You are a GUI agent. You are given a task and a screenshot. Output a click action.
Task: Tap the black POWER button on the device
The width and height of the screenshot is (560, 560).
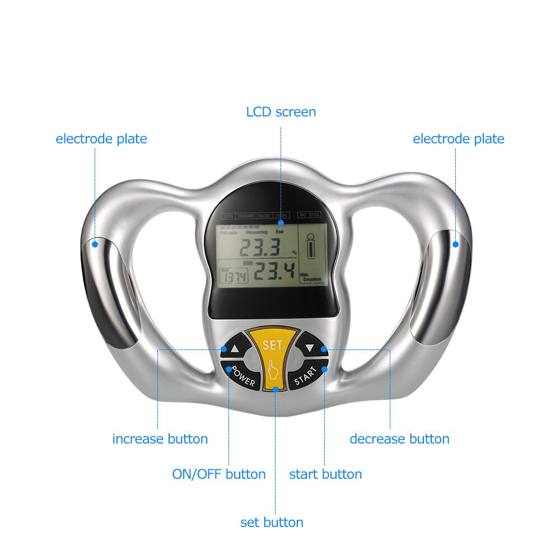pyautogui.click(x=242, y=378)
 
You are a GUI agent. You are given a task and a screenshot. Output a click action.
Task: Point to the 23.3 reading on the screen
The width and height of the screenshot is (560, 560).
pyautogui.click(x=255, y=246)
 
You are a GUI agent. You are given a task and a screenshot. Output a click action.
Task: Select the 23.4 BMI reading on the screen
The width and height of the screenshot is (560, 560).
pyautogui.click(x=274, y=273)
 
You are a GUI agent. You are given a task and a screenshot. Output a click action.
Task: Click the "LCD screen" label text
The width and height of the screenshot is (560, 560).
pyautogui.click(x=281, y=112)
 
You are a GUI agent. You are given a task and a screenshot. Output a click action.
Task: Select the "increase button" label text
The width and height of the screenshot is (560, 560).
pyautogui.click(x=160, y=439)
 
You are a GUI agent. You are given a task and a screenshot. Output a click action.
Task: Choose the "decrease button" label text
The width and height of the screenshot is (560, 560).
pyautogui.click(x=399, y=439)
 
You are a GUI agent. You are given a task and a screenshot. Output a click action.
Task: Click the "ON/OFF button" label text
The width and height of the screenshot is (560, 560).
pyautogui.click(x=218, y=474)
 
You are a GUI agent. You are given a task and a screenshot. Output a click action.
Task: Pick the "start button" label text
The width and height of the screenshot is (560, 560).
pyautogui.click(x=325, y=474)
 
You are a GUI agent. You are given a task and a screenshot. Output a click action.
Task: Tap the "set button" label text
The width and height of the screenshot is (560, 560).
pyautogui.click(x=272, y=522)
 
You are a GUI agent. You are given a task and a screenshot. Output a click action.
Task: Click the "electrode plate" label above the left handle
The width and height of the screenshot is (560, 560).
pyautogui.click(x=101, y=139)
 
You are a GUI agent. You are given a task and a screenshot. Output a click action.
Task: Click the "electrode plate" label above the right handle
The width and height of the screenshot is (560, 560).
pyautogui.click(x=458, y=139)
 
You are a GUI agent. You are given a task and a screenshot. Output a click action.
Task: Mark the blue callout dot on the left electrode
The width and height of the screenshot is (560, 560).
pyautogui.click(x=95, y=244)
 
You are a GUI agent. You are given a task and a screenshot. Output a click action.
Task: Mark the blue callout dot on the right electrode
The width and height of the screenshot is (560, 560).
pyautogui.click(x=455, y=244)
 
